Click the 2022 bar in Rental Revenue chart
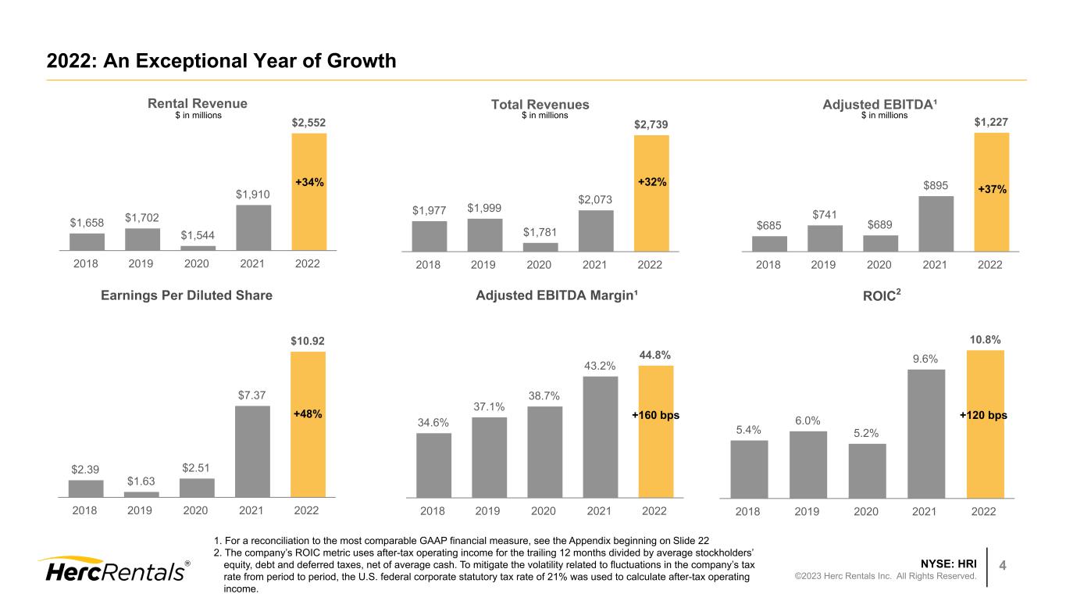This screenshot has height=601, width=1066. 308,191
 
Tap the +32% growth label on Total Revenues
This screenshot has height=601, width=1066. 651,181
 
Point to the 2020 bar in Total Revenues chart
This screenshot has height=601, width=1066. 540,247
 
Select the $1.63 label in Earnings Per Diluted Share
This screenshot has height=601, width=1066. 141,481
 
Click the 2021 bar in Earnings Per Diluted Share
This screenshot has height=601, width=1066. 252,451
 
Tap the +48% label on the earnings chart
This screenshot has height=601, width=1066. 308,413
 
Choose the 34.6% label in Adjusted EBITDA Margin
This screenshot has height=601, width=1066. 433,422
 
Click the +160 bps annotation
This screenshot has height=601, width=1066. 655,416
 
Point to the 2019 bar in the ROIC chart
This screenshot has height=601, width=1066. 808,464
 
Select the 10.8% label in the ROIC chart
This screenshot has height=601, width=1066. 984,340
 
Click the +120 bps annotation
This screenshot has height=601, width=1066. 984,416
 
